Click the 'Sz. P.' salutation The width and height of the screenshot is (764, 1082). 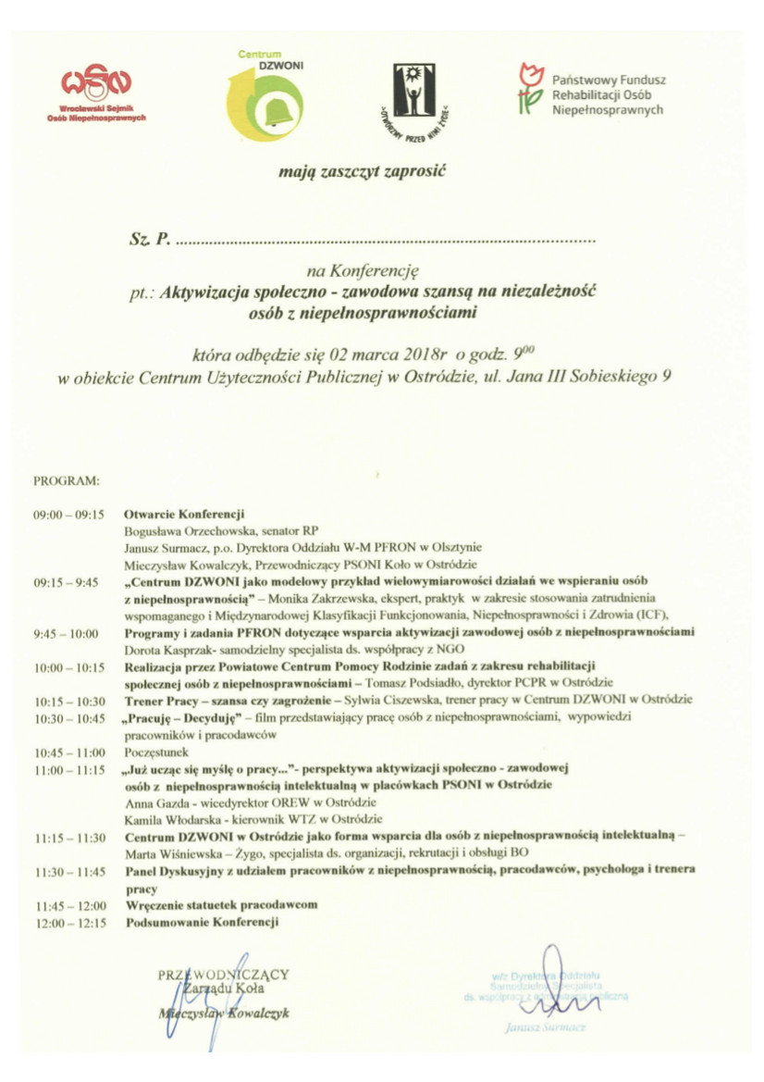tap(148, 241)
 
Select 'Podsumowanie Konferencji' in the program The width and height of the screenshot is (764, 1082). tap(201, 922)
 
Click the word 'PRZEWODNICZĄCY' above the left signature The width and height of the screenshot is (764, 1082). tap(224, 974)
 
